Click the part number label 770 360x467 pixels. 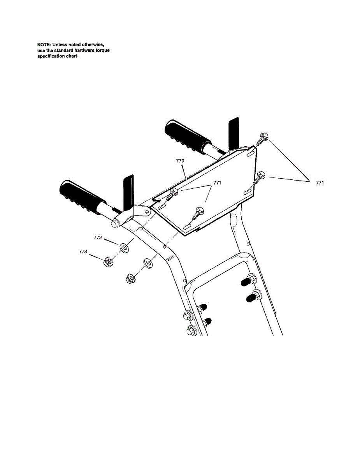pyautogui.click(x=180, y=160)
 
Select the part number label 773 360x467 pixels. pyautogui.click(x=83, y=252)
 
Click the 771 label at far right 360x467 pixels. pyautogui.click(x=320, y=183)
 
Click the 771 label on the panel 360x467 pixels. pyautogui.click(x=217, y=183)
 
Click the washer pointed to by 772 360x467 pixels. pyautogui.click(x=124, y=247)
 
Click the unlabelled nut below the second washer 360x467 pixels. pyautogui.click(x=130, y=279)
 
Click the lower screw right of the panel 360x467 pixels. pyautogui.click(x=259, y=177)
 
